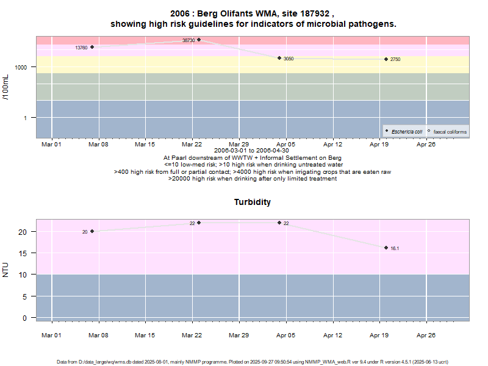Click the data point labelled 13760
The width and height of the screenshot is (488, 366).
(92, 47)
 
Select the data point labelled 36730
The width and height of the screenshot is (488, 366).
(199, 40)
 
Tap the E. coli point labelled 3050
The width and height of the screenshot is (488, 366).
(279, 58)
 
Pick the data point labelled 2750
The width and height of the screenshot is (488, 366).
(386, 59)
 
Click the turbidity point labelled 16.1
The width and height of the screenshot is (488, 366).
(386, 248)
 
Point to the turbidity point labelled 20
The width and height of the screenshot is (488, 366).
(92, 231)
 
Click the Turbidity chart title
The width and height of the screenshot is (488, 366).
(253, 202)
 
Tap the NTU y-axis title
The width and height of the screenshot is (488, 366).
(6, 269)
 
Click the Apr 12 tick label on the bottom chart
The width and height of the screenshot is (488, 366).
(332, 335)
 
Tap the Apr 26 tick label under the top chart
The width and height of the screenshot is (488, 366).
(426, 145)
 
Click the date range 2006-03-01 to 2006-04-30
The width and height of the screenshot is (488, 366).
(252, 151)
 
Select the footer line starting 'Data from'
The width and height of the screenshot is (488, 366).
(253, 362)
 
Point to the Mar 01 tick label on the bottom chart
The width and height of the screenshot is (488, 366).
(51, 335)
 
